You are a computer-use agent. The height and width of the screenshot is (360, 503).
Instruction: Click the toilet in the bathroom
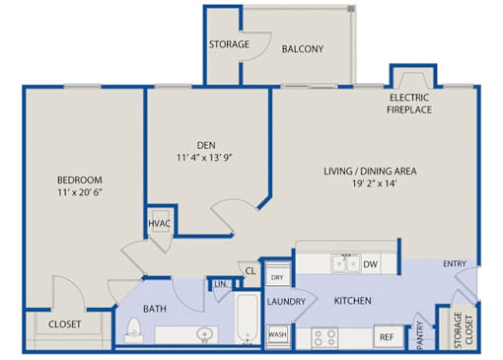pos(134,329)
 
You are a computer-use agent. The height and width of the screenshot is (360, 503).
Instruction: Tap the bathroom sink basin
pos(204,335)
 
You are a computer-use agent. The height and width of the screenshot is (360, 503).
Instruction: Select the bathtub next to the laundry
pos(248,319)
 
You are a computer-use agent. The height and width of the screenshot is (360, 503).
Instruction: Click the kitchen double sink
pos(346,263)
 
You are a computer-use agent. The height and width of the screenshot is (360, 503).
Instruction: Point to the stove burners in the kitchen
pos(324,337)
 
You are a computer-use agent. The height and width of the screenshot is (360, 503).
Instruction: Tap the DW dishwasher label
pos(370,264)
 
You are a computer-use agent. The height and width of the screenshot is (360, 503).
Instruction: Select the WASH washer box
pos(278,334)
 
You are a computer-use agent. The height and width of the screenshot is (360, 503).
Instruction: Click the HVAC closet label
pos(159,224)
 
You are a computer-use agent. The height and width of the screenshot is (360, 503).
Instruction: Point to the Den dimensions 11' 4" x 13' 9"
pos(204,158)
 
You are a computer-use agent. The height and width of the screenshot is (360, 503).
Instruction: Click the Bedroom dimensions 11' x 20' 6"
pos(80,192)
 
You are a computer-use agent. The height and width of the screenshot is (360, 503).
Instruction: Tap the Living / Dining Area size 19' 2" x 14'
pos(374,183)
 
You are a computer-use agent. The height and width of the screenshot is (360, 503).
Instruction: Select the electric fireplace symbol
pos(413,80)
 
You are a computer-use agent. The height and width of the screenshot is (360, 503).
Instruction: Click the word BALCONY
pos(303,49)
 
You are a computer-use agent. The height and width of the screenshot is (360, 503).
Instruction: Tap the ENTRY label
pos(455,263)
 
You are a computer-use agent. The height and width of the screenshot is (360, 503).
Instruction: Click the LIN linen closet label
pos(220,284)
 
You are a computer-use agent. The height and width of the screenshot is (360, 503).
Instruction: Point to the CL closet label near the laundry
pos(251,271)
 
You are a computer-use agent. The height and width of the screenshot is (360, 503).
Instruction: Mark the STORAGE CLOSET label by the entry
pos(464,329)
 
